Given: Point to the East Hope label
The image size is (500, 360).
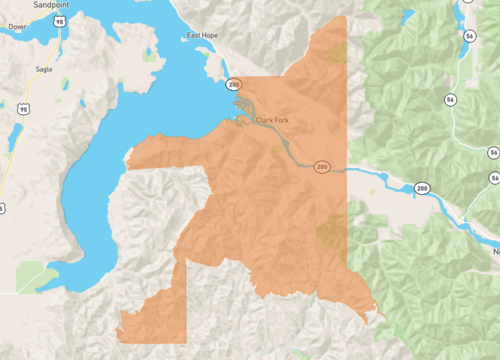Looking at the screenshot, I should [x=203, y=36].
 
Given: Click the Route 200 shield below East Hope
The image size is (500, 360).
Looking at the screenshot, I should [x=232, y=83].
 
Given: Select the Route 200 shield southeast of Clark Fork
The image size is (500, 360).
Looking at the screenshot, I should [x=322, y=165].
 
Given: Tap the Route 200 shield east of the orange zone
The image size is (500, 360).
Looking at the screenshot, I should [x=422, y=188].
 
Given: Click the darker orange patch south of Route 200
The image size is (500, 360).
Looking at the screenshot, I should [x=330, y=232].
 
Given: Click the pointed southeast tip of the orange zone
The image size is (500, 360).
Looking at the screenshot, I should [x=381, y=316].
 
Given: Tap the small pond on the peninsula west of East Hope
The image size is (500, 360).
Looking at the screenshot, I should [x=150, y=55].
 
